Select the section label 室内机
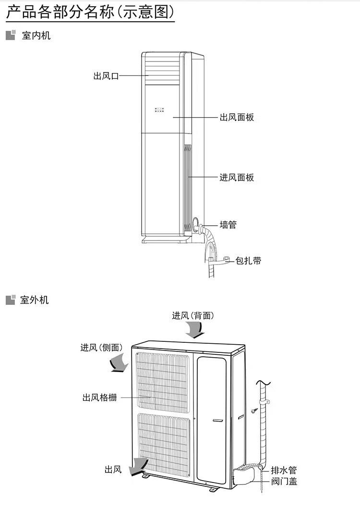click(36, 36)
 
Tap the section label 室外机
click(35, 300)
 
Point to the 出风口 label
click(106, 76)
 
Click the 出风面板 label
click(237, 117)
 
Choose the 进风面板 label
click(237, 178)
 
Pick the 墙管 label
click(228, 224)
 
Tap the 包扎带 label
click(248, 261)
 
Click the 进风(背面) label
click(193, 315)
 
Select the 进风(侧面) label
click(101, 348)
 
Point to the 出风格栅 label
click(99, 398)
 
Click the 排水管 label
click(284, 470)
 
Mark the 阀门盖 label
click(284, 481)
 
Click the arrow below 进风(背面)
click(195, 330)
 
